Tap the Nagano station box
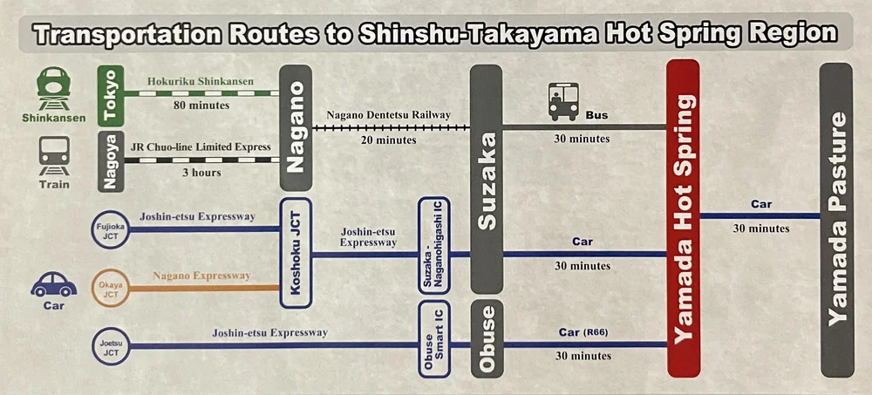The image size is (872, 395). pos(296,127)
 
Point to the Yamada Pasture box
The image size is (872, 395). pos(835,220)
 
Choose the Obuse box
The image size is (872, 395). pos(487,339)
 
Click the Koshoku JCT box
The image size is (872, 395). pos(296,253)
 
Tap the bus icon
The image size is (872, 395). pos(562,101)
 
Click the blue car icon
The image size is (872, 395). pos(53,284)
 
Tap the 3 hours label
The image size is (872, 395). pos(201,173)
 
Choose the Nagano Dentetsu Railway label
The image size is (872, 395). pos(388,114)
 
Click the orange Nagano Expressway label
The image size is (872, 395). pos(201,276)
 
